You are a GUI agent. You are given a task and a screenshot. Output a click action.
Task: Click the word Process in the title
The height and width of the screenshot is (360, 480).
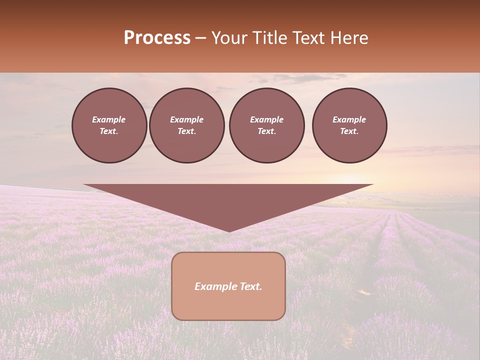pos(157,38)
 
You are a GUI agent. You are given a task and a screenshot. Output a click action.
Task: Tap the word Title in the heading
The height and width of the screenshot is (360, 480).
pos(268,38)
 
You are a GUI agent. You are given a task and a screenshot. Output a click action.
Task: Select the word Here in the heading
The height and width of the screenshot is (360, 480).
pos(349,38)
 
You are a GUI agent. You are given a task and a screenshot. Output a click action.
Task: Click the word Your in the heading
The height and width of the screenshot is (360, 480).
pos(229,38)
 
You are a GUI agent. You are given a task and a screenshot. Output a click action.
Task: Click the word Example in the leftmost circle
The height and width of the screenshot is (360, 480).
pos(109,119)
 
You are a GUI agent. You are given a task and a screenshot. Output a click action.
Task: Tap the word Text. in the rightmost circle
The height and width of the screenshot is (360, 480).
pos(349,131)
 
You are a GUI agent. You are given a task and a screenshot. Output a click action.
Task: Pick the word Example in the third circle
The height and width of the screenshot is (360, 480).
pos(266,119)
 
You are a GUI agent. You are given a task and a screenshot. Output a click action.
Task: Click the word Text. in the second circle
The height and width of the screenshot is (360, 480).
pos(186,131)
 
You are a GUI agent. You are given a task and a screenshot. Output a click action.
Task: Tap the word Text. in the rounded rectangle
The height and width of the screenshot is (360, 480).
pos(251,286)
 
